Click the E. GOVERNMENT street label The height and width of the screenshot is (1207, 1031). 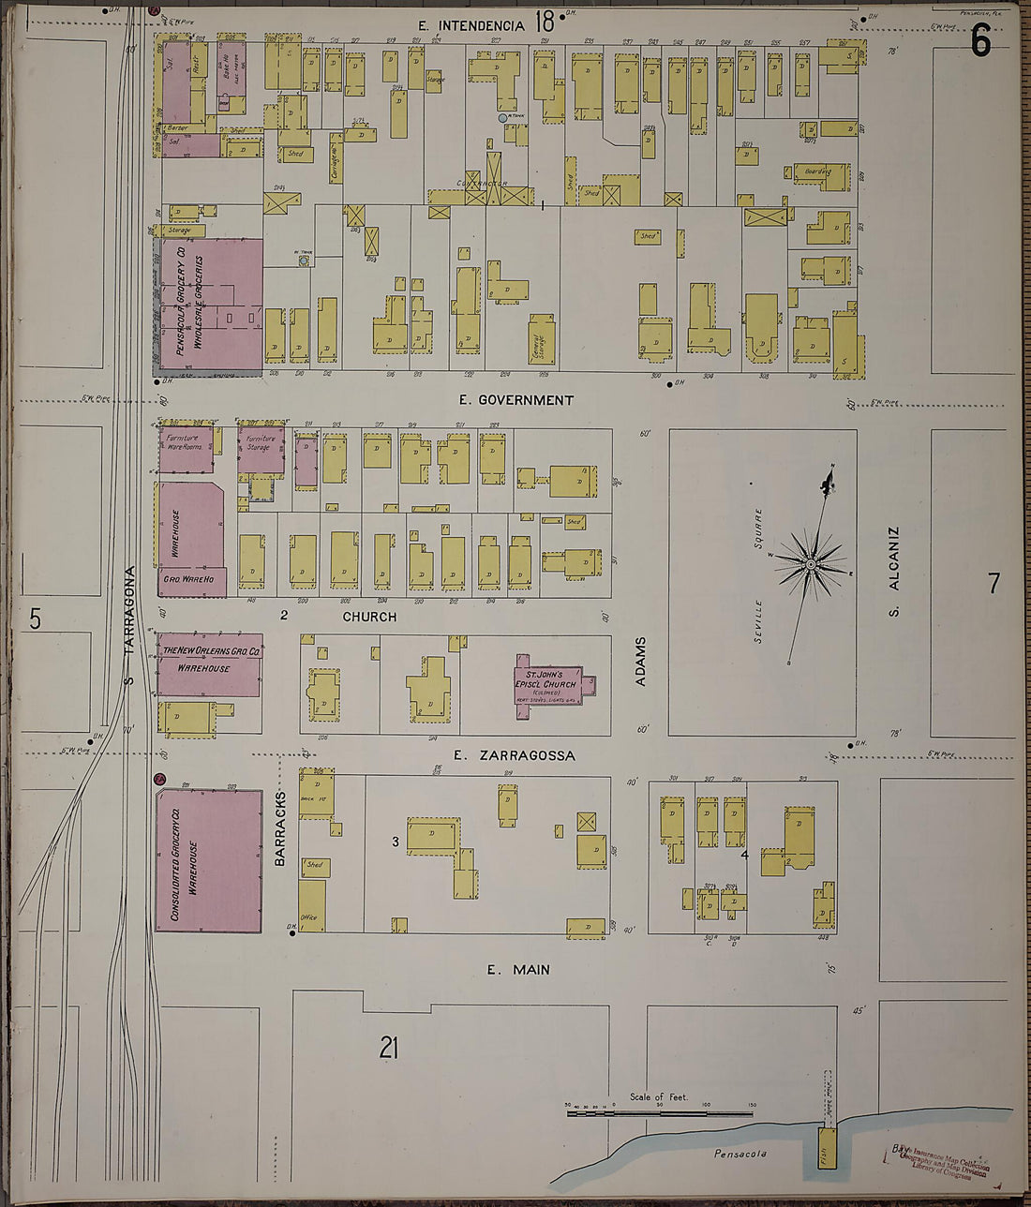point(515,400)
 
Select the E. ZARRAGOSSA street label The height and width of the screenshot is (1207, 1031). point(514,755)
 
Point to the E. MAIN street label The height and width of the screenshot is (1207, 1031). point(518,970)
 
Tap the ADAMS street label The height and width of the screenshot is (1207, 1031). point(641,662)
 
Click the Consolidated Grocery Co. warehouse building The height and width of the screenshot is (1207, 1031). point(209,860)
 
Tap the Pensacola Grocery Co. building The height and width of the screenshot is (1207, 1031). point(208,305)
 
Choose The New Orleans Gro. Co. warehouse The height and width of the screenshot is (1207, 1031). point(209,664)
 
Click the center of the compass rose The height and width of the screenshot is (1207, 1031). point(811,565)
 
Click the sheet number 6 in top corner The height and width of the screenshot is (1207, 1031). point(980,40)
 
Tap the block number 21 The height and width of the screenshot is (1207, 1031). point(389,1048)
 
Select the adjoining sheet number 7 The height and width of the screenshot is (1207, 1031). point(994,583)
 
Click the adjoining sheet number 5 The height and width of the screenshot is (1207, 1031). point(35,619)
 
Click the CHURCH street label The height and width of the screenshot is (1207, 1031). point(369,617)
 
